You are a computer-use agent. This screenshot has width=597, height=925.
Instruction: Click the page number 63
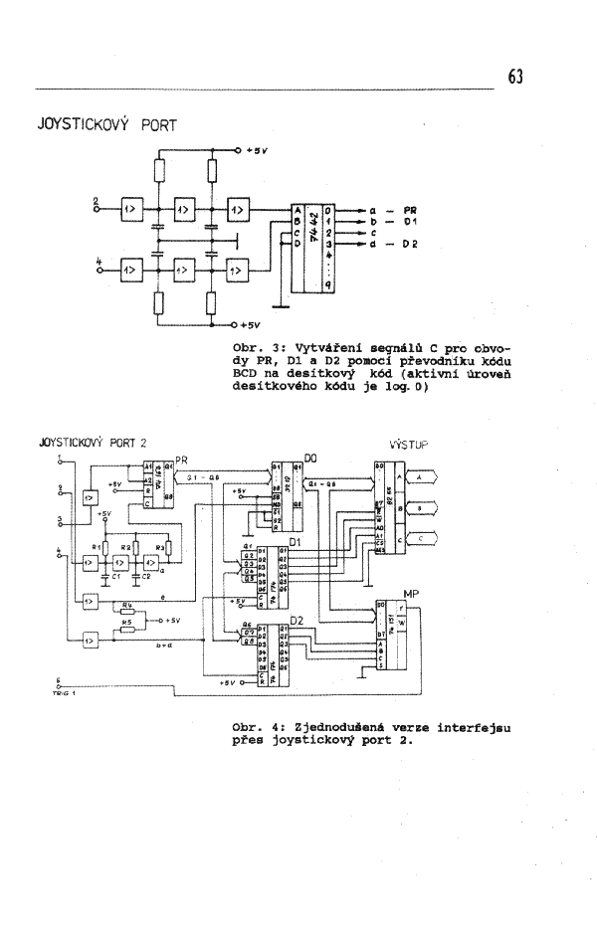[x=514, y=78]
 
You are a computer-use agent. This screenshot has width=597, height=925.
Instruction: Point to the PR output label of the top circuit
[x=409, y=211]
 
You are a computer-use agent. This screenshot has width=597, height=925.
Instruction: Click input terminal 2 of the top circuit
[x=97, y=204]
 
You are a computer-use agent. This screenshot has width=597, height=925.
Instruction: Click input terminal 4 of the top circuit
[x=97, y=264]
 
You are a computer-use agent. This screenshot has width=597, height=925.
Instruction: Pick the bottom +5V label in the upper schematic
[x=250, y=325]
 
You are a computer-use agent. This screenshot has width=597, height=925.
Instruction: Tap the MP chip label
[x=413, y=593]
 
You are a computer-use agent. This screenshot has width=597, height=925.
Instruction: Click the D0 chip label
[x=309, y=456]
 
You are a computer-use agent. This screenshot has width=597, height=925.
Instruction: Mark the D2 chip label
[x=296, y=622]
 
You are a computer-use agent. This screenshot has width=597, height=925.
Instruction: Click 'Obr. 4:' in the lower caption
[x=255, y=726]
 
